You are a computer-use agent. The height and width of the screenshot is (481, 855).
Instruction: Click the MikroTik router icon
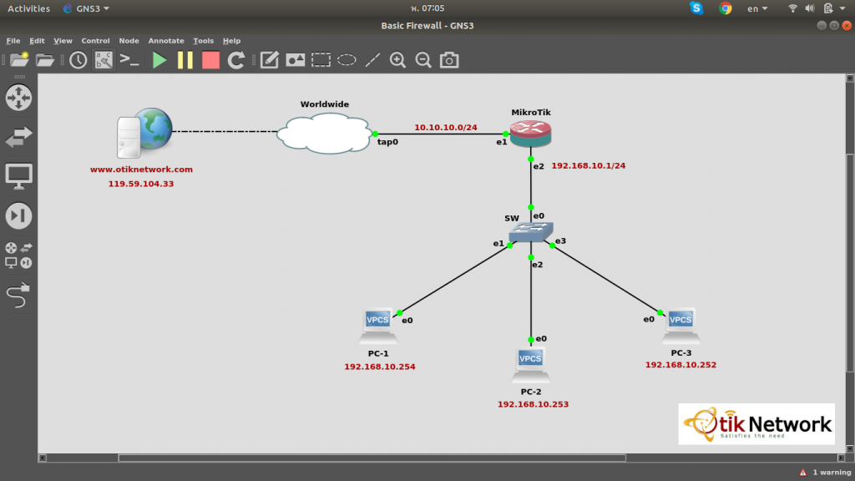(530, 134)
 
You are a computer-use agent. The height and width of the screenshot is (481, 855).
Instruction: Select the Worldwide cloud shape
(324, 133)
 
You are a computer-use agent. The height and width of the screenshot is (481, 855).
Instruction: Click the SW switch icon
(530, 232)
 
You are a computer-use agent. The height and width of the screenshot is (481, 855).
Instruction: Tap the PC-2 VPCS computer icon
(530, 365)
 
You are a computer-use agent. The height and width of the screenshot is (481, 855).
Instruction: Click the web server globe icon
(144, 133)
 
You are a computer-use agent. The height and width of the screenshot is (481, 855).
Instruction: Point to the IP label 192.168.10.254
(380, 367)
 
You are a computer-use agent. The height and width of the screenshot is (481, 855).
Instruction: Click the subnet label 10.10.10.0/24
(446, 127)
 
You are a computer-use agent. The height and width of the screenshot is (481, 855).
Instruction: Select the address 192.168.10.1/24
(589, 165)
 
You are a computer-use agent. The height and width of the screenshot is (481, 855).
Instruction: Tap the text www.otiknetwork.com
(141, 169)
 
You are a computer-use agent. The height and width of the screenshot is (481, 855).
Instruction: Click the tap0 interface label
(387, 142)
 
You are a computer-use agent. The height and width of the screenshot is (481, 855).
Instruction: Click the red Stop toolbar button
(210, 60)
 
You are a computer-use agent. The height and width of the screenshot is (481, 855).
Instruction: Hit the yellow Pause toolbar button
(185, 60)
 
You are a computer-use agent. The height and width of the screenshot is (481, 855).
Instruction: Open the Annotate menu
(166, 40)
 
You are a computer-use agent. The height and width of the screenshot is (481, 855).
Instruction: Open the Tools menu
(204, 40)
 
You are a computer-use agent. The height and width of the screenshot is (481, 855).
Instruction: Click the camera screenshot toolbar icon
(449, 60)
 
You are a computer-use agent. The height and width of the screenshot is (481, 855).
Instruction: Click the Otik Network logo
(756, 423)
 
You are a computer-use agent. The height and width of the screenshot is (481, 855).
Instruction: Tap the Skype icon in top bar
(696, 8)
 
